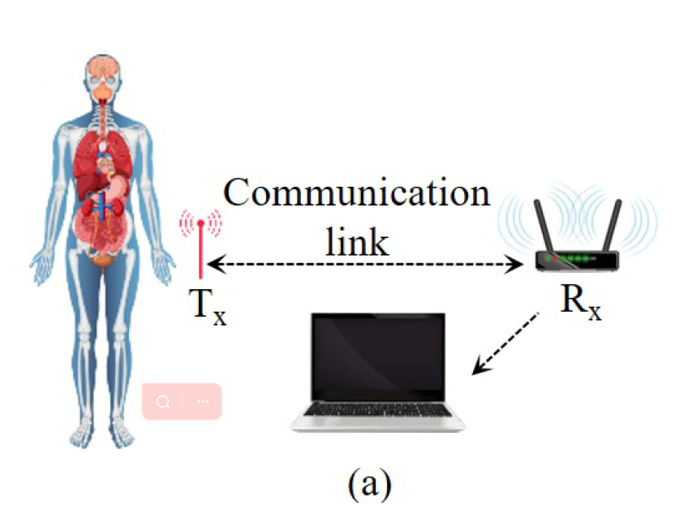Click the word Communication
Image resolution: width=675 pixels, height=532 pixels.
pos(356,192)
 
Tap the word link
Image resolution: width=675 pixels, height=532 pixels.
pos(357,242)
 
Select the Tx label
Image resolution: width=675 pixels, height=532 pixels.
pos(208,306)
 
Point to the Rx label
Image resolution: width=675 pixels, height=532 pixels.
pos(581,302)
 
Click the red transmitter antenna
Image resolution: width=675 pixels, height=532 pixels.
pos(200,250)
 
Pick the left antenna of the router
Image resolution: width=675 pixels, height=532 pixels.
pos(544,226)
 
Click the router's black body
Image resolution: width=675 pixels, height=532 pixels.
pos(578,261)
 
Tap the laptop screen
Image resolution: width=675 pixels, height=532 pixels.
pos(378,357)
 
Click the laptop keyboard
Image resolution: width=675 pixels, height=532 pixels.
pos(377,409)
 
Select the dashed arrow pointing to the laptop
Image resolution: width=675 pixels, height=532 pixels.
pos(505,344)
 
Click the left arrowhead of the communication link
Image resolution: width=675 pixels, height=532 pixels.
pos(216,264)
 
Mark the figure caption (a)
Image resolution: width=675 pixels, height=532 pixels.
pos(370,485)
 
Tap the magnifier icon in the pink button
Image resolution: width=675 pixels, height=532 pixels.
pos(163,402)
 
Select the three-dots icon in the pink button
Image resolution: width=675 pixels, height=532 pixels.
pos(203,401)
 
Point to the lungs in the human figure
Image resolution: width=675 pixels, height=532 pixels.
pos(102,159)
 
